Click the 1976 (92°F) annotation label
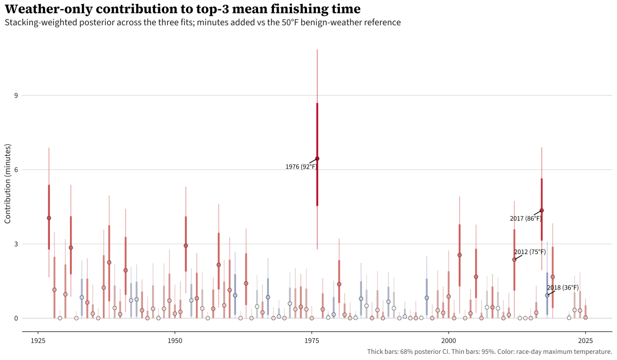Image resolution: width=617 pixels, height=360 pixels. (301, 167)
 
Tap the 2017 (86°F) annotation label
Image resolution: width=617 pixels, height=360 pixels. (525, 219)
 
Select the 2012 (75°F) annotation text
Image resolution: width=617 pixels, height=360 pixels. (530, 252)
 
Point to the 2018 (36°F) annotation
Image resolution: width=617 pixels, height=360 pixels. (562, 287)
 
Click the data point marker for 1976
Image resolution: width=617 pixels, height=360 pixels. (317, 158)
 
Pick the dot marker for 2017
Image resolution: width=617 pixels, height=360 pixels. (542, 210)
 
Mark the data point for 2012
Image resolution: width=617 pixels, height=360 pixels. (514, 259)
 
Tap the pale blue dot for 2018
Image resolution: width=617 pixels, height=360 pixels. (547, 295)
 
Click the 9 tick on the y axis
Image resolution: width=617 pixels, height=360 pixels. (16, 96)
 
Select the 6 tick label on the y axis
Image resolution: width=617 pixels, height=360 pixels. (16, 170)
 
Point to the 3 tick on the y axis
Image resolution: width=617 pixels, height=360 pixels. (16, 244)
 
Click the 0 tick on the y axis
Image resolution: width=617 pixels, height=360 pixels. (16, 318)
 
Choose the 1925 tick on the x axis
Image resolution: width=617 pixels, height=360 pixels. (38, 340)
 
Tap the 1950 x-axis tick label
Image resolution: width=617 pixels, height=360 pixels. (175, 340)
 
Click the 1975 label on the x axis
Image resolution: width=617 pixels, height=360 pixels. (312, 340)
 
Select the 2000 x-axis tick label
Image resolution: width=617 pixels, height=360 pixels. (449, 340)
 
